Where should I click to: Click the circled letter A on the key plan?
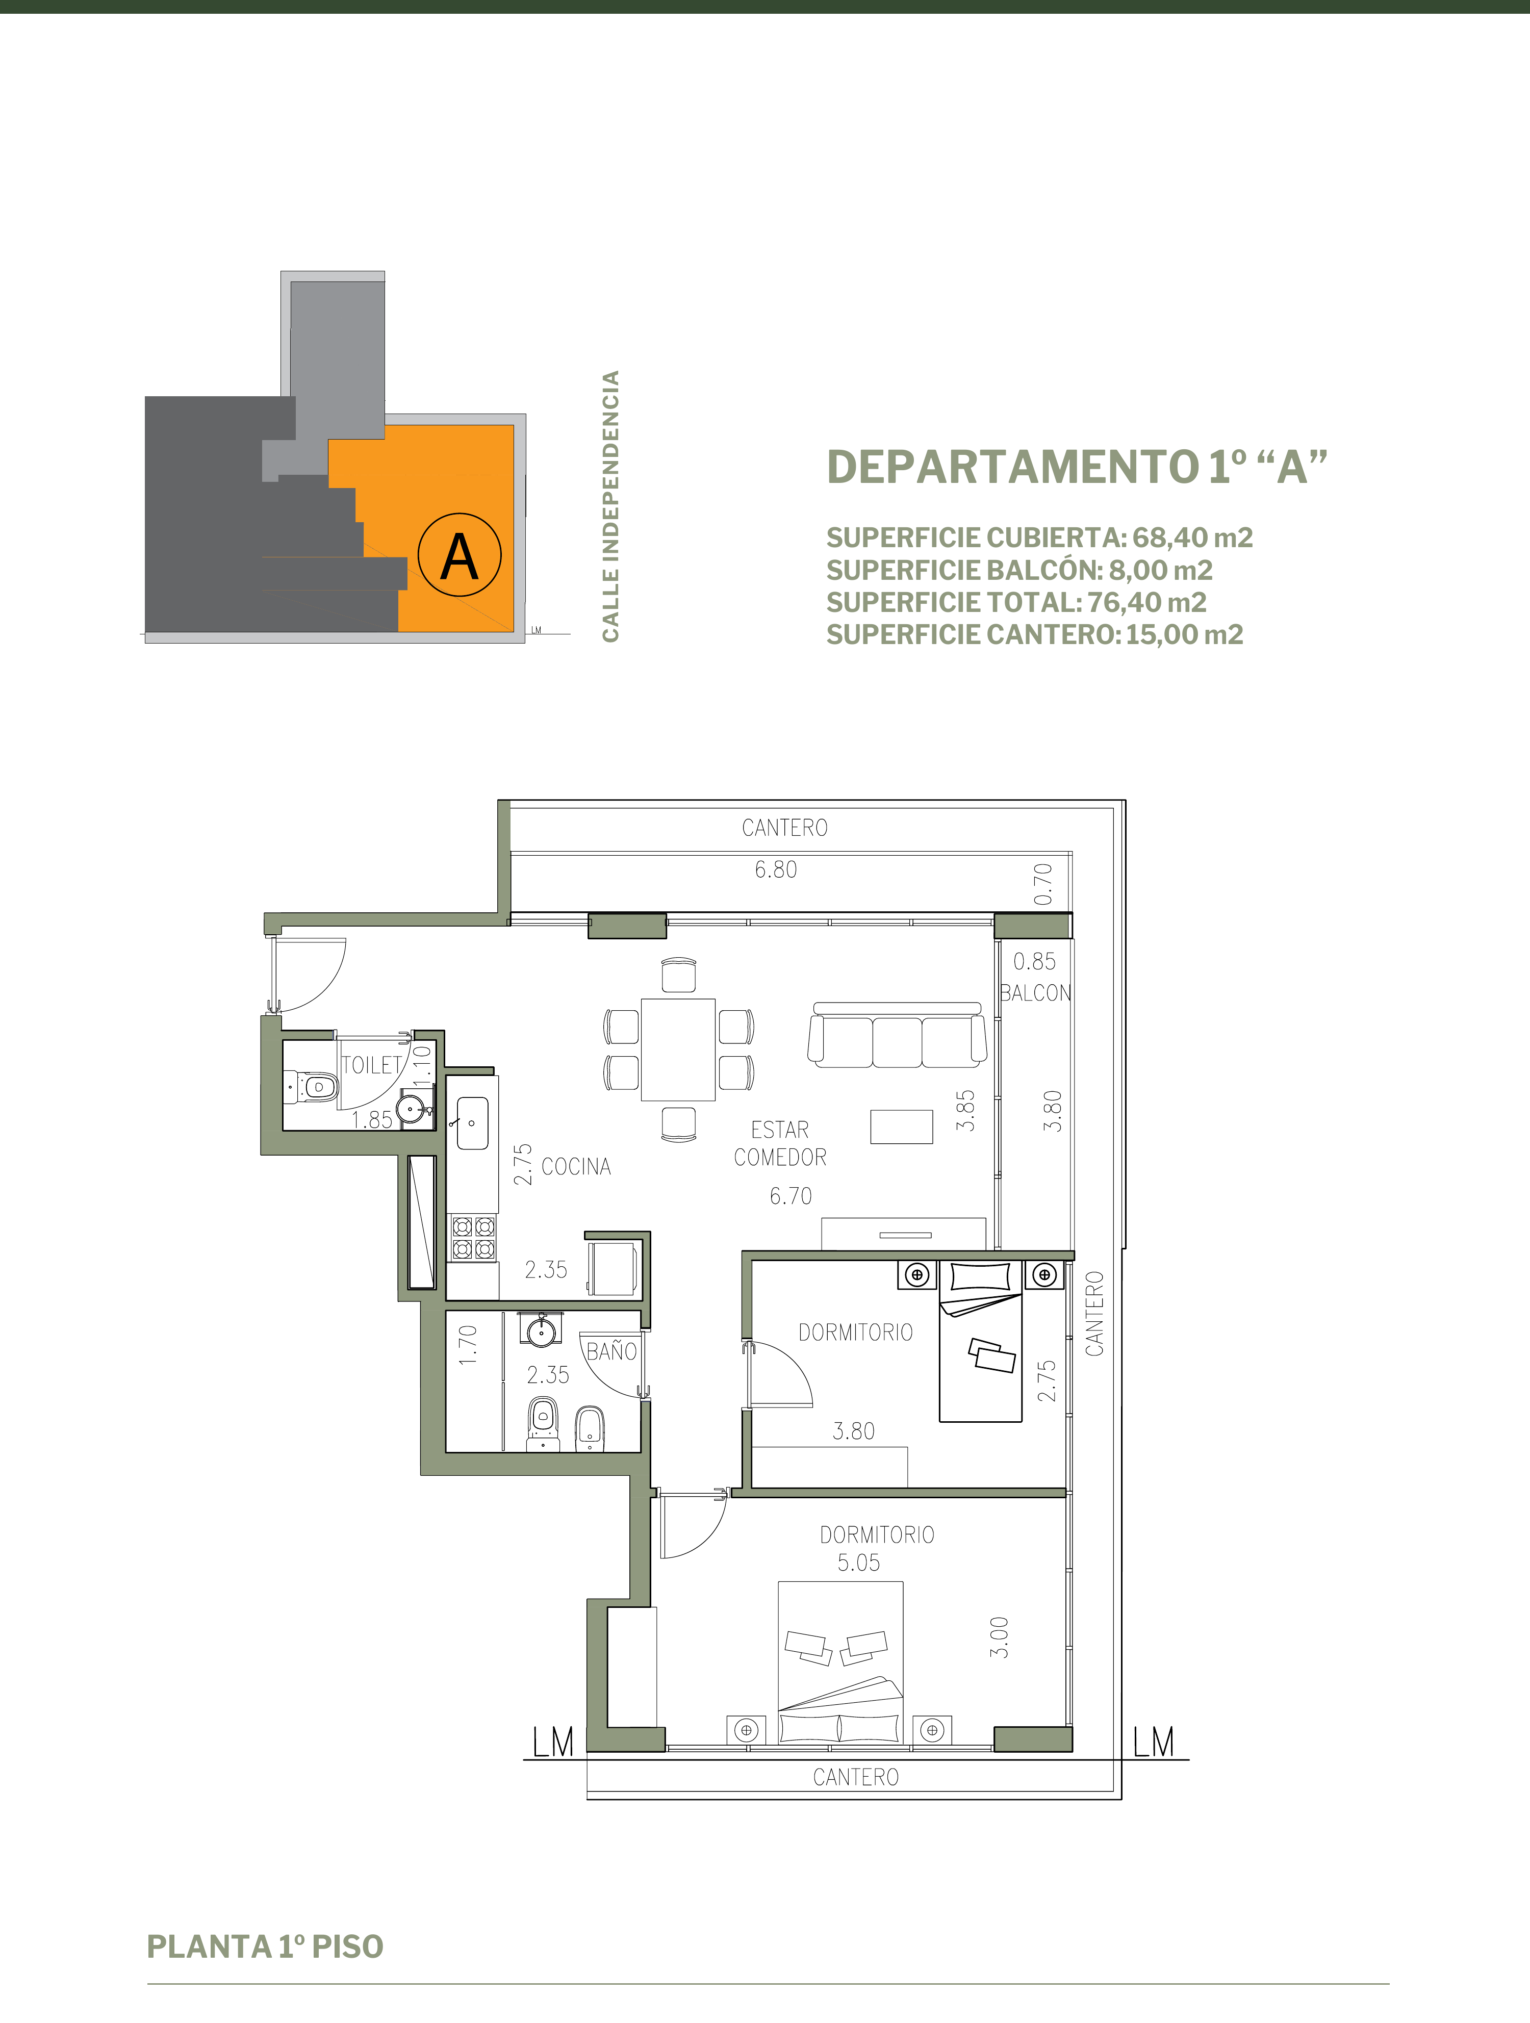click(x=459, y=555)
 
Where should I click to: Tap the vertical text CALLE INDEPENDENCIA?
click(x=610, y=506)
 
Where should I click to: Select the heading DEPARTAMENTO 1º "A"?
click(x=1077, y=467)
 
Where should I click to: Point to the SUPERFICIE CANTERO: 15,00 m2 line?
click(x=1034, y=635)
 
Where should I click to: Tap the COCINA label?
click(x=576, y=1166)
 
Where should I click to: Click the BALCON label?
click(x=1035, y=993)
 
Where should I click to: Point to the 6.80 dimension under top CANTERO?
click(x=776, y=870)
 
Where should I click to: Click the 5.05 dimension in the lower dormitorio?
click(x=859, y=1563)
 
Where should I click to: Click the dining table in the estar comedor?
click(x=678, y=1049)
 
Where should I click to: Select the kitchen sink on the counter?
click(x=472, y=1123)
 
